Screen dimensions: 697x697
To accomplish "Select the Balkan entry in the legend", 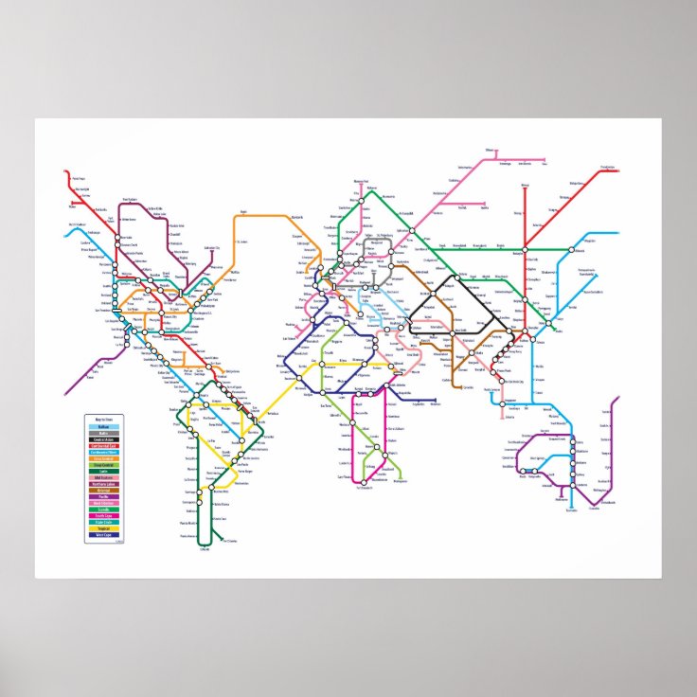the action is (x=103, y=426).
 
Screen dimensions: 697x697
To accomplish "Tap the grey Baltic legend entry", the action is (x=103, y=433).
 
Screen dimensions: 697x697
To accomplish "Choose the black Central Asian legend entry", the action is (x=103, y=439).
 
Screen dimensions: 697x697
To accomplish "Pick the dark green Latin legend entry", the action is (x=103, y=471).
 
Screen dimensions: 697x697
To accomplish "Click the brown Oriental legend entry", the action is (x=103, y=490).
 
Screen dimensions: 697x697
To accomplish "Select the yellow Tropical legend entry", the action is (x=103, y=528).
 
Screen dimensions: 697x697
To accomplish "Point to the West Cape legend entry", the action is (x=103, y=535).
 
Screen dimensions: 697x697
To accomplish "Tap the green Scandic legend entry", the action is (x=103, y=509).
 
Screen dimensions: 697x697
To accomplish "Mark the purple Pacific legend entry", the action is (x=103, y=496).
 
